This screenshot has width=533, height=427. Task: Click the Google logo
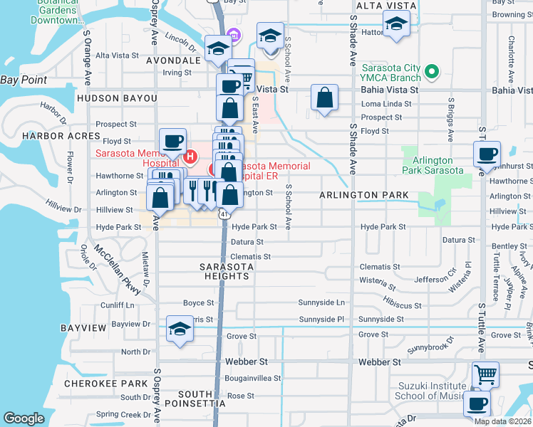click(x=24, y=419)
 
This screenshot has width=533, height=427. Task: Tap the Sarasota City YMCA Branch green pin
click(x=431, y=72)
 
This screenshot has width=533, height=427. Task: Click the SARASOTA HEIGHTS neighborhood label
click(x=227, y=271)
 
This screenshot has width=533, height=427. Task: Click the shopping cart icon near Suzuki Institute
click(x=485, y=374)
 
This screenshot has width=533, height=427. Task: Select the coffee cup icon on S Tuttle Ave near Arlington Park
click(x=487, y=154)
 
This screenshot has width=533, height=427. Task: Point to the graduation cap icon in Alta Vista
click(x=396, y=24)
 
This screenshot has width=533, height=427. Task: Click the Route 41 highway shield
click(x=224, y=213)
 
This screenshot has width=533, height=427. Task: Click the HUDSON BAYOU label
click(x=117, y=97)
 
